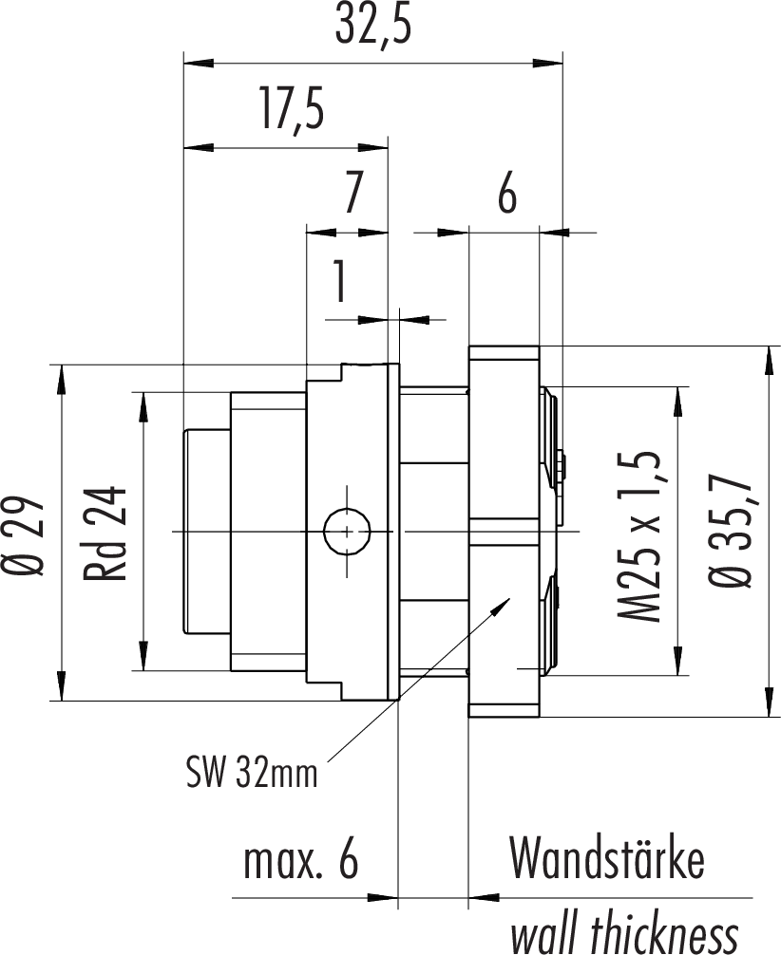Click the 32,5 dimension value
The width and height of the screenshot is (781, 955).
click(372, 28)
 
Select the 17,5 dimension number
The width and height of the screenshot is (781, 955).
click(290, 110)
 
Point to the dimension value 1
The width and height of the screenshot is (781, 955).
click(338, 283)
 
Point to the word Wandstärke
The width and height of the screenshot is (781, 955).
click(607, 859)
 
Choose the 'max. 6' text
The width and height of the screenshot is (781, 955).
click(301, 861)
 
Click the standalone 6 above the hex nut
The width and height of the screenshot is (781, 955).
click(507, 196)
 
